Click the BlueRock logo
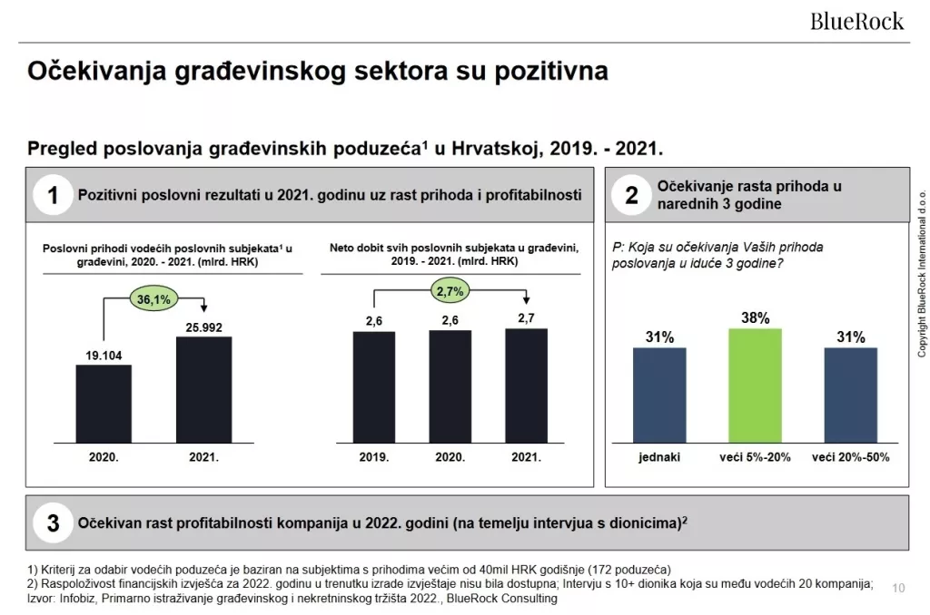point(856,20)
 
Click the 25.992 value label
point(204,326)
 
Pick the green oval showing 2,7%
point(450,291)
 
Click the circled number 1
point(54,195)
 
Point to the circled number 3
point(54,523)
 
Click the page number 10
point(899,587)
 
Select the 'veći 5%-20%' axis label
point(755,456)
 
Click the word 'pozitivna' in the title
point(550,73)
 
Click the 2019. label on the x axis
point(373,456)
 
